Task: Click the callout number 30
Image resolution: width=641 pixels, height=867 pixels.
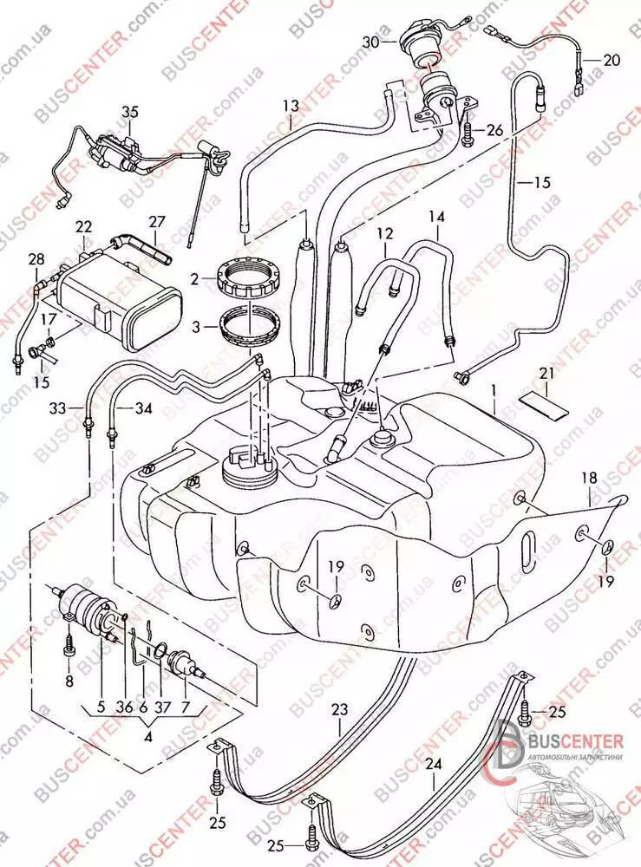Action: pyautogui.click(x=371, y=42)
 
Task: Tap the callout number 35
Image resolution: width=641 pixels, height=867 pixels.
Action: pyautogui.click(x=130, y=111)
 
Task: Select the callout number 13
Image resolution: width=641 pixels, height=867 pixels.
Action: pyautogui.click(x=290, y=106)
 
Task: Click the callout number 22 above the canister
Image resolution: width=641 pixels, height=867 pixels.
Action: pyautogui.click(x=83, y=226)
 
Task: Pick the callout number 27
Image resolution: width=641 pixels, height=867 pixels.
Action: pyautogui.click(x=155, y=222)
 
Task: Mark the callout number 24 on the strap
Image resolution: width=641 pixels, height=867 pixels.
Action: pyautogui.click(x=434, y=764)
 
